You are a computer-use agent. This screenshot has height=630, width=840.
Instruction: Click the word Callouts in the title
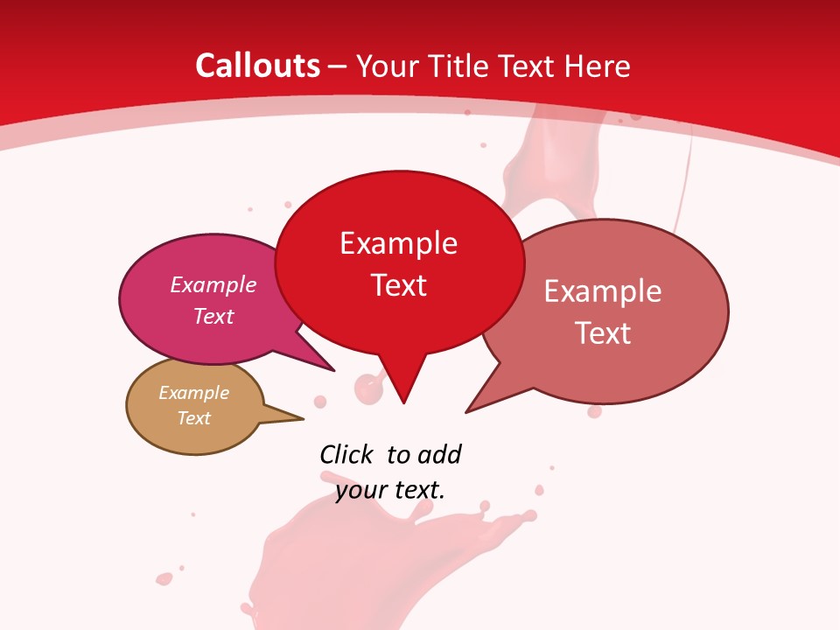pyautogui.click(x=257, y=66)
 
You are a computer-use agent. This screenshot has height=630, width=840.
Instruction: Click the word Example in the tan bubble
pyautogui.click(x=193, y=393)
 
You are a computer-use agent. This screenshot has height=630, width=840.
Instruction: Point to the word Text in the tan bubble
pyautogui.click(x=193, y=418)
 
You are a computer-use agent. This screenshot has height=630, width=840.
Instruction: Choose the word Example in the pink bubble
pyautogui.click(x=213, y=285)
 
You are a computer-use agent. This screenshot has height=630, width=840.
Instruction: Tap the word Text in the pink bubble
pyautogui.click(x=213, y=316)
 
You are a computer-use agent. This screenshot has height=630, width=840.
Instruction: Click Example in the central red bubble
pyautogui.click(x=398, y=243)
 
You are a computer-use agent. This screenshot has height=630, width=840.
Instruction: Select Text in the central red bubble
pyautogui.click(x=398, y=285)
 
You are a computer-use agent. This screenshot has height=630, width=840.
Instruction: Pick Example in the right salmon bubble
pyautogui.click(x=603, y=291)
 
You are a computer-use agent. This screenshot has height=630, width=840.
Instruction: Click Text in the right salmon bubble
pyautogui.click(x=603, y=333)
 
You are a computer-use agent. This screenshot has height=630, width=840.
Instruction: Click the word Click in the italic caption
pyautogui.click(x=346, y=454)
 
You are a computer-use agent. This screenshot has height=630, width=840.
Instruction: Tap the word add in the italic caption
pyautogui.click(x=438, y=454)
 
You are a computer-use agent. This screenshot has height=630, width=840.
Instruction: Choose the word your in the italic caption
pyautogui.click(x=360, y=490)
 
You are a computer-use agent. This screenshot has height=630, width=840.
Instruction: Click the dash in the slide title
pyautogui.click(x=338, y=66)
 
